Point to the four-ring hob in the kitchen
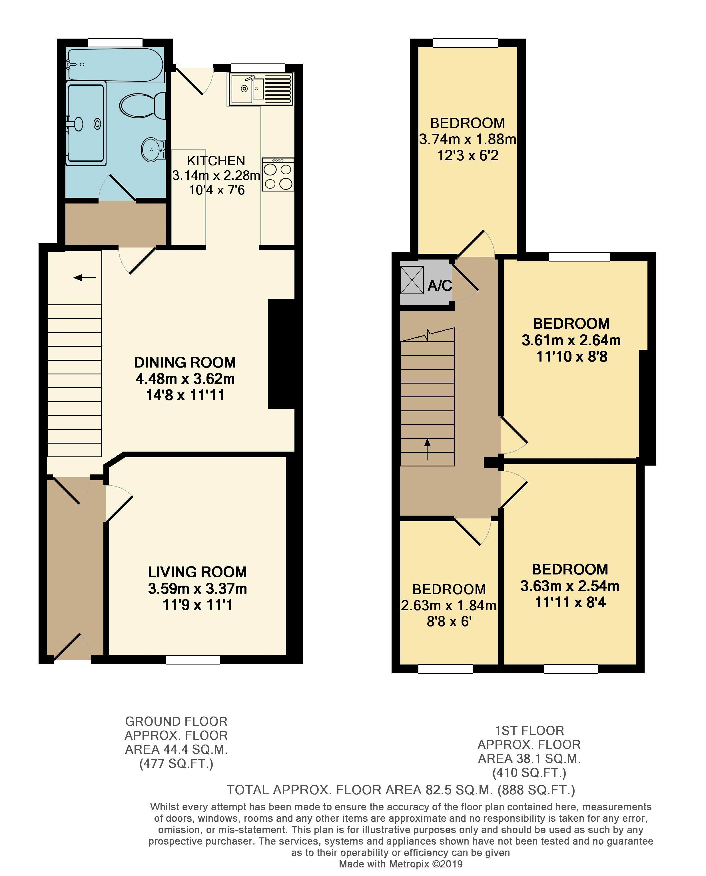tap(278, 175)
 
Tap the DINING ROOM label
tap(185, 362)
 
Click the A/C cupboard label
tap(440, 286)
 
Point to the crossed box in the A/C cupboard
tap(412, 280)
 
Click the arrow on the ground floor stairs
tap(85, 278)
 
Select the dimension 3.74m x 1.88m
tap(468, 139)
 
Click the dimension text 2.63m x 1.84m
tap(449, 605)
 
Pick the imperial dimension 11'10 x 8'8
tap(572, 356)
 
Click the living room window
tap(193, 660)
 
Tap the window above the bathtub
tap(115, 43)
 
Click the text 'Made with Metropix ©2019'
tap(401, 864)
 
